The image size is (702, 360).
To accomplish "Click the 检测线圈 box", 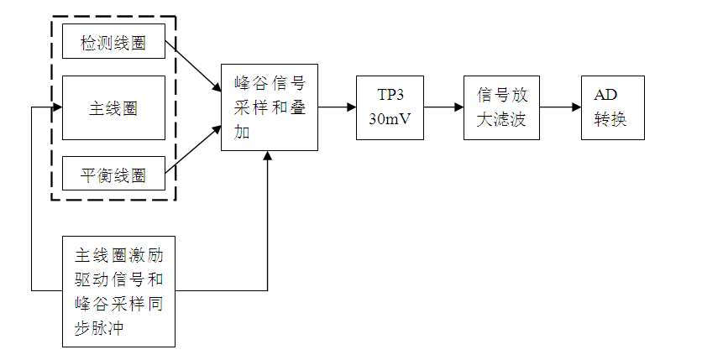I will (113, 42).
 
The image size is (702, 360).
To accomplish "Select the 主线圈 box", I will (113, 108).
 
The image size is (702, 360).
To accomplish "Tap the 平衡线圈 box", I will (113, 175).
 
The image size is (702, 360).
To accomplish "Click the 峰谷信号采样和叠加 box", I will (269, 107).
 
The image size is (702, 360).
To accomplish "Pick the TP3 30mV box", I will (390, 107).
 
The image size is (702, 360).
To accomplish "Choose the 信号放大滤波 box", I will (501, 107).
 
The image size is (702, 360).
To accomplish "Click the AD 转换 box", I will (612, 107).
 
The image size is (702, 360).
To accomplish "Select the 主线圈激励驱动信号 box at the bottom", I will (118, 291).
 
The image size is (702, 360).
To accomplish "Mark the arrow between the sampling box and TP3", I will (337, 107).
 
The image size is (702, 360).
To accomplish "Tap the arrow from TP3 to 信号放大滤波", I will (443, 107).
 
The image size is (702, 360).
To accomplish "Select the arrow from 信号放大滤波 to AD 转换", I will (559, 107).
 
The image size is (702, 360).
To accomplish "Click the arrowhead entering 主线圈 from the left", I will (57, 108).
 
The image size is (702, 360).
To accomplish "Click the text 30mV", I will (390, 118).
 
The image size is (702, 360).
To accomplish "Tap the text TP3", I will (390, 95).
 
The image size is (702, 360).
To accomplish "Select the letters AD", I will (605, 95).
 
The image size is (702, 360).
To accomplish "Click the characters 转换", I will (610, 119).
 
